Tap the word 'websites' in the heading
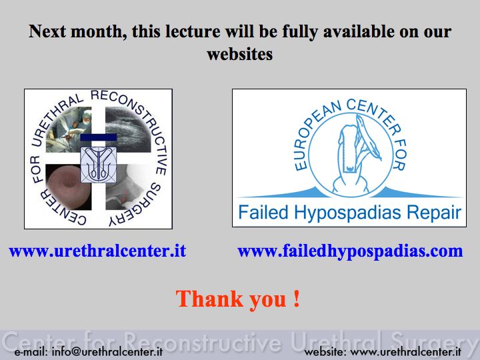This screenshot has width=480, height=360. pos(240,54)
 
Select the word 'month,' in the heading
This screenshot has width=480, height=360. pos(99,31)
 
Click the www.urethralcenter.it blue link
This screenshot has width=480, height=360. pos(97,251)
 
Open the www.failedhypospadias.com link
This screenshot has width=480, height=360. pos(350,251)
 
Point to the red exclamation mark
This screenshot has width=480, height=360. pos(296,299)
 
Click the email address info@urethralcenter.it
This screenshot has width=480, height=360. pos(107,351)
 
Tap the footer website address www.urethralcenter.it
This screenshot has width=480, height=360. pos(405,352)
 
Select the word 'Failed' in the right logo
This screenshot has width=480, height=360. pos(263,212)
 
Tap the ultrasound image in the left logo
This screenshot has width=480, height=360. pos(128,129)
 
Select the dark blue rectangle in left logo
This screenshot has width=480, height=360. pos(99,137)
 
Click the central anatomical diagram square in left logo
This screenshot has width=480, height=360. pos(99,165)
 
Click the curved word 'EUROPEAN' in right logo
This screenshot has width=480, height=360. pos(315,135)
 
